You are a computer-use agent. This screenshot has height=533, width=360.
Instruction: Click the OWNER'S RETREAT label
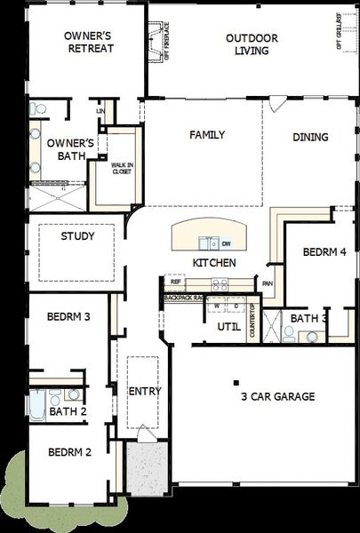click(89, 42)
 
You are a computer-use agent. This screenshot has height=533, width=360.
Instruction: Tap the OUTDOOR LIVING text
click(252, 44)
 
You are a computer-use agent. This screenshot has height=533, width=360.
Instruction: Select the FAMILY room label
click(206, 135)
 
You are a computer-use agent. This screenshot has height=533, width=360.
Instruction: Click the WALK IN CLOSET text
click(121, 169)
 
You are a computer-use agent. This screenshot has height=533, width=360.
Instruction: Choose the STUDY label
click(77, 237)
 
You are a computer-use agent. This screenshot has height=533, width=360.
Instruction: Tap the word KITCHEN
click(214, 263)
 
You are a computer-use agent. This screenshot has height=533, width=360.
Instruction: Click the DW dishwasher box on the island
click(226, 243)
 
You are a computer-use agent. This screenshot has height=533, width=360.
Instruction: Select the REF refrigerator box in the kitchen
click(175, 282)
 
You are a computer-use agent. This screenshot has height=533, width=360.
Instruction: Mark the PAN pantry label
click(267, 284)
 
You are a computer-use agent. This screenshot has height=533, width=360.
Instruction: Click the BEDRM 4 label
click(324, 252)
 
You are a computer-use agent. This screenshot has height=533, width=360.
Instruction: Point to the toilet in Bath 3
click(289, 333)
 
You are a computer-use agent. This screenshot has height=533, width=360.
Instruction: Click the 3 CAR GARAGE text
click(276, 396)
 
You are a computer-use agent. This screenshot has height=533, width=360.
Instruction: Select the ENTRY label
click(143, 391)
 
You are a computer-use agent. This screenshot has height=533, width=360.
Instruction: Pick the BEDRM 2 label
click(69, 451)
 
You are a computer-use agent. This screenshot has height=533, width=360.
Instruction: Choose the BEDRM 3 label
click(69, 316)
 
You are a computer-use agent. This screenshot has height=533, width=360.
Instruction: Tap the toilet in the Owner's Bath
click(36, 108)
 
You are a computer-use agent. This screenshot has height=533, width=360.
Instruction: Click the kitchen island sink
click(210, 242)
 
